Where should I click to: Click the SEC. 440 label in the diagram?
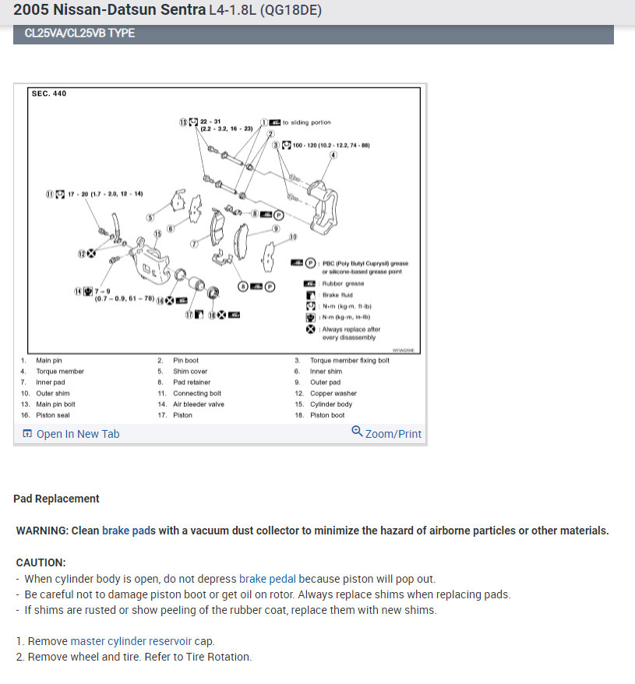(x=49, y=94)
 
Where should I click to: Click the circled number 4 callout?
(x=333, y=155)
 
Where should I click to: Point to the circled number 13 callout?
(x=184, y=122)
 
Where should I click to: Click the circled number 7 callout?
(x=195, y=244)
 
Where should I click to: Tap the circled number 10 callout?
(x=293, y=236)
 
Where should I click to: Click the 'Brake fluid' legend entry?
(x=337, y=295)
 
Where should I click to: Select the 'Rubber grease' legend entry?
(x=343, y=284)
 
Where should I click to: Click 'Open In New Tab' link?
(x=78, y=434)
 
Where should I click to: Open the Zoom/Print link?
(x=393, y=433)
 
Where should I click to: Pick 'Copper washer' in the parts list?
(x=334, y=393)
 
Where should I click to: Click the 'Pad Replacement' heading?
(x=56, y=499)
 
